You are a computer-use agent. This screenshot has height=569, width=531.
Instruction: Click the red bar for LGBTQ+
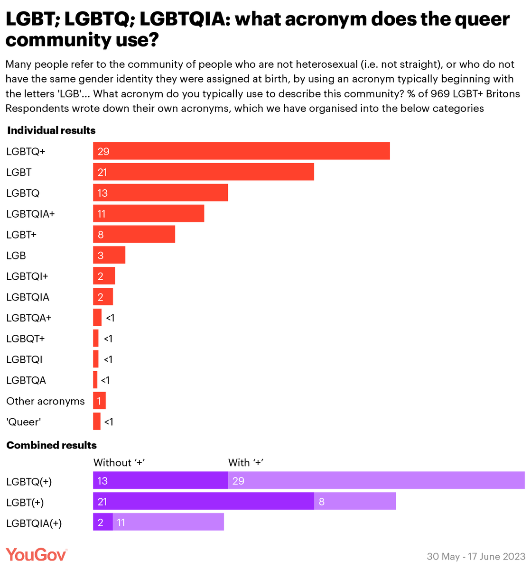tap(241, 151)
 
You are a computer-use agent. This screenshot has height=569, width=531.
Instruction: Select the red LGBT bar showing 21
tap(203, 172)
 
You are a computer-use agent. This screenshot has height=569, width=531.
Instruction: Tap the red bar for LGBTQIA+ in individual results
tap(148, 213)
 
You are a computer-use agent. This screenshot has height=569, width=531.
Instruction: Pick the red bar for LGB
tap(109, 255)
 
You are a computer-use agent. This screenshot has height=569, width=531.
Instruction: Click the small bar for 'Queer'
tap(97, 422)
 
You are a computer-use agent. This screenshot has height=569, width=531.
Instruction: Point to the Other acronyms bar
tap(99, 401)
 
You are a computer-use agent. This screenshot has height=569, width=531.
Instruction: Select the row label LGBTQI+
tap(27, 276)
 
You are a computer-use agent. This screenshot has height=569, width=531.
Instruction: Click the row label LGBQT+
tap(25, 339)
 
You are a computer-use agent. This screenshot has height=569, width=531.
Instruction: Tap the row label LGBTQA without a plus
tap(26, 380)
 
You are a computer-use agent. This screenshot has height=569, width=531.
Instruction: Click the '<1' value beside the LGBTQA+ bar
tap(110, 318)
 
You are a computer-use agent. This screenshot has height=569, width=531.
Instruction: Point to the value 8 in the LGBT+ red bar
tap(101, 235)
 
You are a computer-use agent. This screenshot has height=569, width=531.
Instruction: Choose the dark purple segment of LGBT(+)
tap(203, 501)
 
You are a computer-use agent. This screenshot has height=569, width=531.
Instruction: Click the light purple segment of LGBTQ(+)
tap(376, 480)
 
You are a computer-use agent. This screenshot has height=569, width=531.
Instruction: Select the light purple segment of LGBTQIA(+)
tap(168, 523)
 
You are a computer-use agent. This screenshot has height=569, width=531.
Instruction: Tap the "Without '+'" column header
tap(119, 462)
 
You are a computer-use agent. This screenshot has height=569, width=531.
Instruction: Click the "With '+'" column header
tap(245, 462)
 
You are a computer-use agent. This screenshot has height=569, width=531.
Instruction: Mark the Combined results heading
tap(52, 445)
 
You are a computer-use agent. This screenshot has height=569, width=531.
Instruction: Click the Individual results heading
tap(51, 130)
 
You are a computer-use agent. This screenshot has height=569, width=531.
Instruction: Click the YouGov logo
tap(36, 554)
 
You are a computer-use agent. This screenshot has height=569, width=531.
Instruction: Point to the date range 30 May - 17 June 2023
tap(475, 556)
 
